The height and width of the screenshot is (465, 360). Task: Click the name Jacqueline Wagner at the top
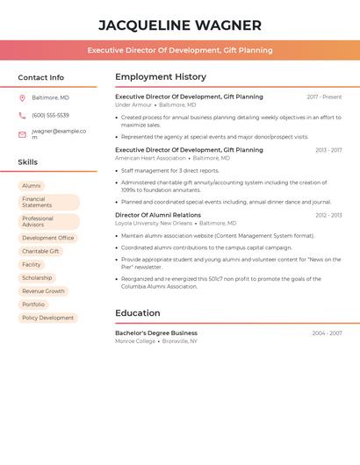pos(180,25)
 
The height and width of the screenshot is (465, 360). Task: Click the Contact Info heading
pos(41,78)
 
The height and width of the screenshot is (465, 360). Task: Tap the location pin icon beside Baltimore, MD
pos(22,97)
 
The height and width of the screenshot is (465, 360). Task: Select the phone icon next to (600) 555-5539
pos(22,115)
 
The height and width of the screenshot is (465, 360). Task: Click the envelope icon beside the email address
pos(22,134)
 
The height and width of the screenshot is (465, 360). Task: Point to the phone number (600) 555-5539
pos(50,115)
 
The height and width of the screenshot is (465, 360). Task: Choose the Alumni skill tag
pos(32,186)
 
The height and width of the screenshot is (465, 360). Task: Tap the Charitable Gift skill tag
pos(41,251)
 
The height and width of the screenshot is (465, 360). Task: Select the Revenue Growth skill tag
pos(43,290)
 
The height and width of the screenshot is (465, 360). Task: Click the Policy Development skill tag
pos(47,318)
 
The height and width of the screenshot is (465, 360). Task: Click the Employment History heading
pos(161,77)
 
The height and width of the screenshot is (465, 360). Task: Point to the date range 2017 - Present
pos(324,97)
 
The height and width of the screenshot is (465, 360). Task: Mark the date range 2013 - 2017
pos(328,150)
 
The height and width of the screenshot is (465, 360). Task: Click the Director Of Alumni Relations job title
pos(158,215)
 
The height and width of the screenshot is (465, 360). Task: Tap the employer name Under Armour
pos(133,105)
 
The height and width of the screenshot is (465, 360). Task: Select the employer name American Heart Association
pos(150,158)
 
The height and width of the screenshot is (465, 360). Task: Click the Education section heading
pos(138,313)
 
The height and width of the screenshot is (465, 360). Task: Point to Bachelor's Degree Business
pos(156,333)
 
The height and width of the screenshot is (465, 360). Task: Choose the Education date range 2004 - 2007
pos(327,333)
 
